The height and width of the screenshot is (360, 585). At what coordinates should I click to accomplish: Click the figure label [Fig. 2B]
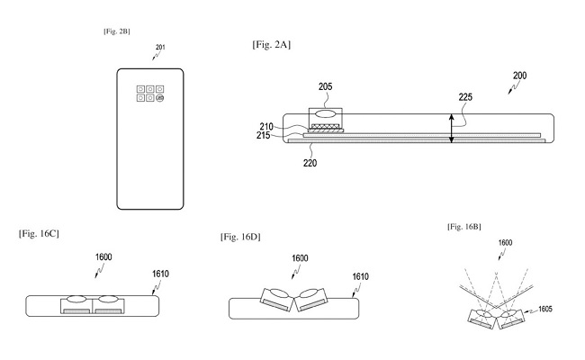tap(117, 31)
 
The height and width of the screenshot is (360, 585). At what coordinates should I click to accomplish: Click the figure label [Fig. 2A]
tap(271, 45)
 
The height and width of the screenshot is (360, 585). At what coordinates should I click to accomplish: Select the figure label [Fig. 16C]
tap(39, 234)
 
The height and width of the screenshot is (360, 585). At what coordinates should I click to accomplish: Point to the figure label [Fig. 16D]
tap(240, 237)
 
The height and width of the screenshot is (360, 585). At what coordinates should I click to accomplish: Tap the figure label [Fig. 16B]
tap(464, 227)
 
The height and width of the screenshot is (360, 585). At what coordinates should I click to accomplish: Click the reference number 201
tap(160, 48)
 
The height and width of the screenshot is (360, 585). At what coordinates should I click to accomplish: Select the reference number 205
tap(325, 86)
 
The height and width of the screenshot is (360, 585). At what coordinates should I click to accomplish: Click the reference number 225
tap(465, 97)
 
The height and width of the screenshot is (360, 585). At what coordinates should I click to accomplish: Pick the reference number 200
tap(519, 76)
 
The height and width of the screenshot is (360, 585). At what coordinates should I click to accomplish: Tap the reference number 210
tap(266, 127)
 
